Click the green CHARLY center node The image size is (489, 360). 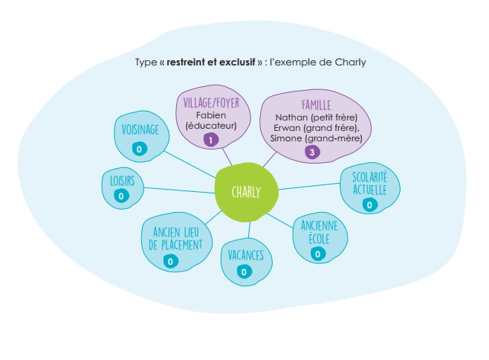point(246,192)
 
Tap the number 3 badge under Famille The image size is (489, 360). point(312,152)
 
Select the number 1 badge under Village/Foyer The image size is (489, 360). point(211,140)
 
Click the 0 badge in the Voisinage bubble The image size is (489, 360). point(139,150)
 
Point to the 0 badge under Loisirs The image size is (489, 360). point(120,196)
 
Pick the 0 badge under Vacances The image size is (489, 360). point(244,271)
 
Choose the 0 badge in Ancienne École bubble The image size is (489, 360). point(318,254)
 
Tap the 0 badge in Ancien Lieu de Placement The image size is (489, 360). point(170,261)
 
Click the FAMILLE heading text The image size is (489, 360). point(317,105)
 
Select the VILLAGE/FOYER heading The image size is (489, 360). point(211,103)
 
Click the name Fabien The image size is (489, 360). point(211,115)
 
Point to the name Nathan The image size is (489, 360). point(290,117)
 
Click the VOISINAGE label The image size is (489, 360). point(140,130)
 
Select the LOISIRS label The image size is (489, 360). point(121,180)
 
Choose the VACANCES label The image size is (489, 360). point(245,255)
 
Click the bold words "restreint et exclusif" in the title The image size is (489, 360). point(212,62)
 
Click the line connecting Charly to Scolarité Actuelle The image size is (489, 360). point(308,186)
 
